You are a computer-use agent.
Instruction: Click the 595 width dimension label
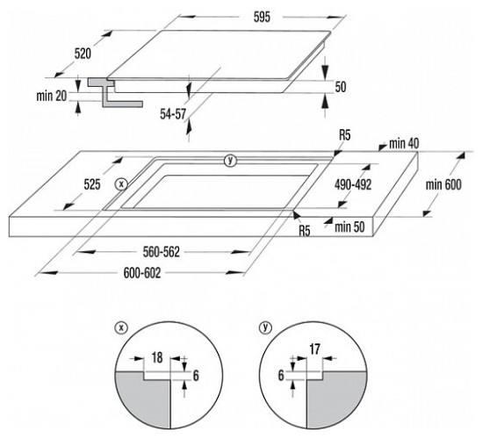tap(262, 18)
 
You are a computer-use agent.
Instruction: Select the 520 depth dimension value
tap(83, 54)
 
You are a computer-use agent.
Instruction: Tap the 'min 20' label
tap(51, 96)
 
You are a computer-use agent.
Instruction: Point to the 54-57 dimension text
tap(173, 114)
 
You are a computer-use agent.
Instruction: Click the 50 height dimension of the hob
tap(341, 87)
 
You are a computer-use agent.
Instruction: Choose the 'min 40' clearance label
tap(404, 144)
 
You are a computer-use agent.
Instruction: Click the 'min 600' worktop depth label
tap(443, 184)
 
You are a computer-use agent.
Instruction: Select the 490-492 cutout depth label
tap(353, 184)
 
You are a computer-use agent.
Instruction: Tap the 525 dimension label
tap(92, 184)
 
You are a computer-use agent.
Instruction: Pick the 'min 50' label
tap(349, 227)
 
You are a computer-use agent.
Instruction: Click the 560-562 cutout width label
tap(161, 252)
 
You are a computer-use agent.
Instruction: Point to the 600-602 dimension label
tap(142, 273)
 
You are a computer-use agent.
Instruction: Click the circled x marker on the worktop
tap(121, 184)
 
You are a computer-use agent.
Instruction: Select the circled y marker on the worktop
tap(230, 160)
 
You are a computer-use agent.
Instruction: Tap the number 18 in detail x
tap(157, 358)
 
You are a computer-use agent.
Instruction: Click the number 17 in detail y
tap(315, 349)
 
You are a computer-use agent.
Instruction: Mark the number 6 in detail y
tap(281, 376)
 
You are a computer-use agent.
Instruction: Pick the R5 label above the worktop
tap(344, 135)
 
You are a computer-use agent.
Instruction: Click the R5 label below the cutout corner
tap(305, 231)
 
